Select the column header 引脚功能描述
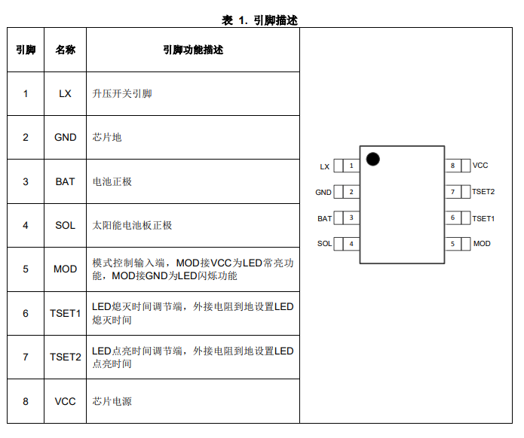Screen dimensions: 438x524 (193, 50)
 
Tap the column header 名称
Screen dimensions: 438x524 (66, 50)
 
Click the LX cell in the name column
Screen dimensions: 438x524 (66, 93)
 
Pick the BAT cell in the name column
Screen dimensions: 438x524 (66, 181)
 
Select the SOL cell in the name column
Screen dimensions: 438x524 (66, 225)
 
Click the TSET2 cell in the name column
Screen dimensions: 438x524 (66, 357)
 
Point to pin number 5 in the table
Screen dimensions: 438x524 (26, 269)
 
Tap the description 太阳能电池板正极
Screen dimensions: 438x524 (132, 225)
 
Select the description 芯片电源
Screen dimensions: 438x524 (112, 401)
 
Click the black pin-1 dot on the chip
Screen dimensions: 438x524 (372, 158)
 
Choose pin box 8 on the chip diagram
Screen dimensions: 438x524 (452, 166)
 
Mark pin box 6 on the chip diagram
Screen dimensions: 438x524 (452, 218)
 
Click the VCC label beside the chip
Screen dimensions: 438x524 (480, 166)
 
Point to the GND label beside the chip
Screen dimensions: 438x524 (323, 193)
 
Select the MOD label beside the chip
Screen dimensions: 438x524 (482, 244)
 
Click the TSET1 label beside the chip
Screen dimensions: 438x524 (483, 218)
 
